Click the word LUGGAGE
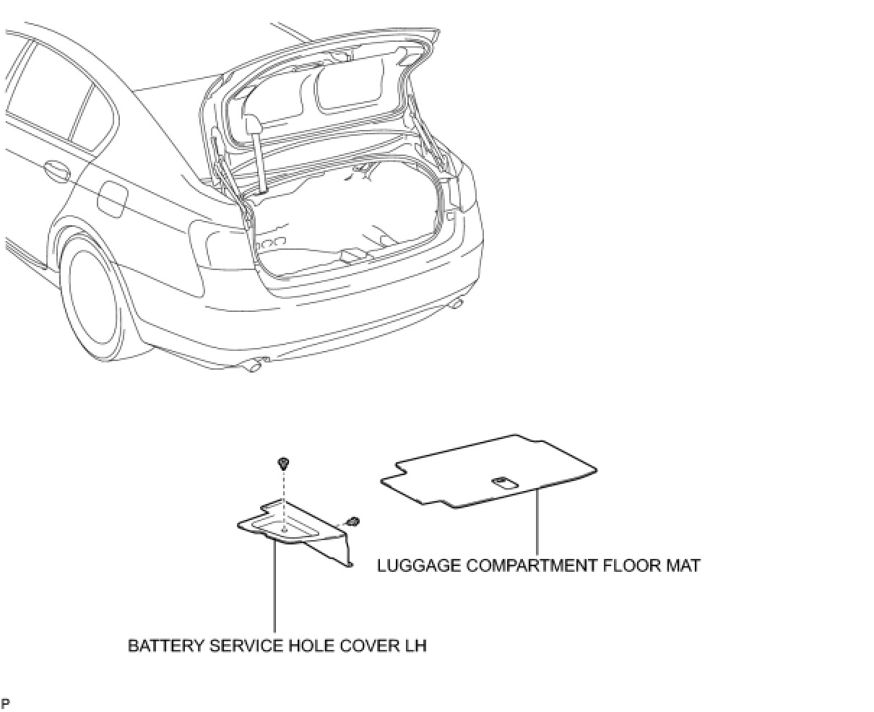418,565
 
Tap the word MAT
682,565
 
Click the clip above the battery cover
283,462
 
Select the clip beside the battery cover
353,521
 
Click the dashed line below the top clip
284,498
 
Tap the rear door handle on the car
56,172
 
